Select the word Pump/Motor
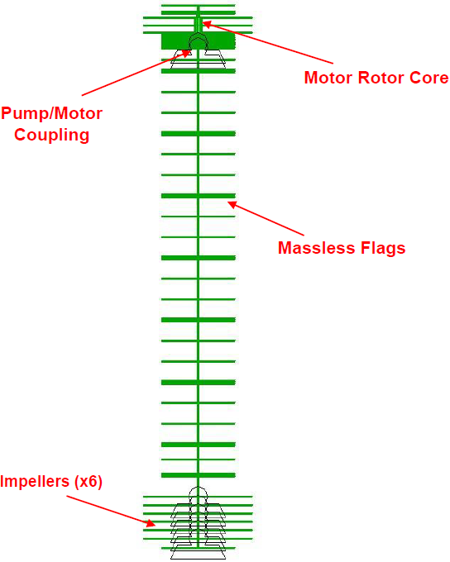(x=51, y=113)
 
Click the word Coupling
(x=51, y=135)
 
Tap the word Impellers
(x=35, y=481)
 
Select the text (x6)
(x=89, y=481)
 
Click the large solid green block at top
(x=198, y=41)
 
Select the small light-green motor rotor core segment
(x=198, y=25)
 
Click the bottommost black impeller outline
(x=198, y=552)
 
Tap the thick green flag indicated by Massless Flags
(x=198, y=196)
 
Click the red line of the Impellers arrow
(x=111, y=511)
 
